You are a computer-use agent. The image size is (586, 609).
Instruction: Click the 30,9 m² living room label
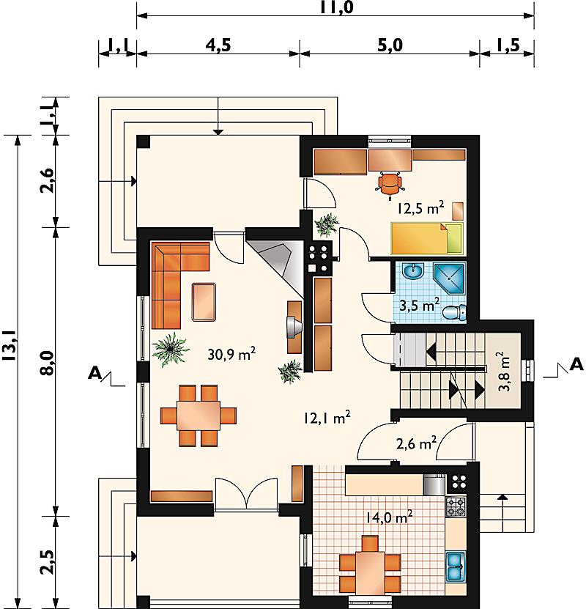click(231, 354)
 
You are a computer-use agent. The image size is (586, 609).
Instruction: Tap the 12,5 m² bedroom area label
click(420, 209)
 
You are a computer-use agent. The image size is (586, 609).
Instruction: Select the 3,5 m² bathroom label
click(420, 305)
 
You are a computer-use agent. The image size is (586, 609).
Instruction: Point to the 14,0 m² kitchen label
click(389, 517)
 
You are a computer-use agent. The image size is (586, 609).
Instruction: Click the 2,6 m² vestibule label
click(416, 443)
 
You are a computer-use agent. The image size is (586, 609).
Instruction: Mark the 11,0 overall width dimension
click(337, 7)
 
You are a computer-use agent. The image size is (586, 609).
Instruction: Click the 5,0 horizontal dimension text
click(390, 45)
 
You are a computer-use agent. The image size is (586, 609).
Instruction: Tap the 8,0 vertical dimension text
click(48, 363)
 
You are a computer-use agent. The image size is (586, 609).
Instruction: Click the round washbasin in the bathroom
click(414, 271)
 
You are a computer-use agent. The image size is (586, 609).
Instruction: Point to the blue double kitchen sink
click(455, 566)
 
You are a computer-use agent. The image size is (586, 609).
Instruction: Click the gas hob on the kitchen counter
click(456, 507)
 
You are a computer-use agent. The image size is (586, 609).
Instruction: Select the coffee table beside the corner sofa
click(204, 302)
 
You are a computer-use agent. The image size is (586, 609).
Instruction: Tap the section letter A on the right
click(576, 365)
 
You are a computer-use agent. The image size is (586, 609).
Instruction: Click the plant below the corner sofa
click(170, 349)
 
